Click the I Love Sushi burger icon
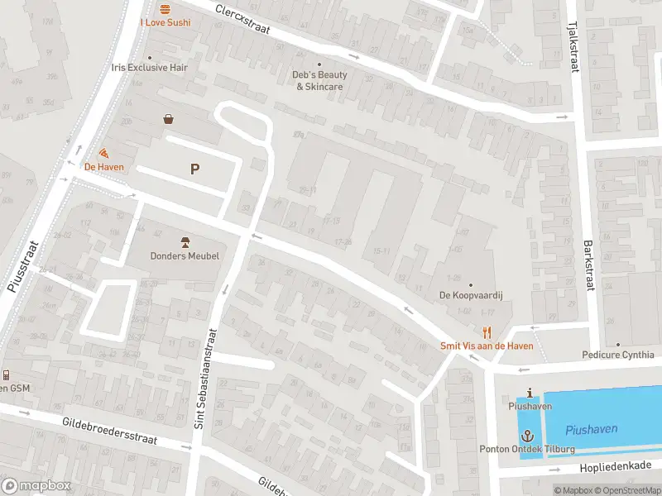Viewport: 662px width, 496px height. point(165,8)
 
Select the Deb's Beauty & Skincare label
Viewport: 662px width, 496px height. point(319,80)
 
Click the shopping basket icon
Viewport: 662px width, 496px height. point(169,119)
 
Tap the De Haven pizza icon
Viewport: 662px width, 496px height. point(103,153)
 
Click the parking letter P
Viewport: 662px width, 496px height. point(194,169)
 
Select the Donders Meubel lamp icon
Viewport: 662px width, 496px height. point(185,242)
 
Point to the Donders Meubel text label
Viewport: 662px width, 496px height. point(185,256)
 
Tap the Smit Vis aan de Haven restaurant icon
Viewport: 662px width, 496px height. point(487,332)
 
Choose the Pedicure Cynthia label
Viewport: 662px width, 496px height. point(617,355)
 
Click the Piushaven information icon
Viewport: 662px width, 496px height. point(530,393)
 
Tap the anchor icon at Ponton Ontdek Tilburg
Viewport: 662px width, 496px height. point(527,435)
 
